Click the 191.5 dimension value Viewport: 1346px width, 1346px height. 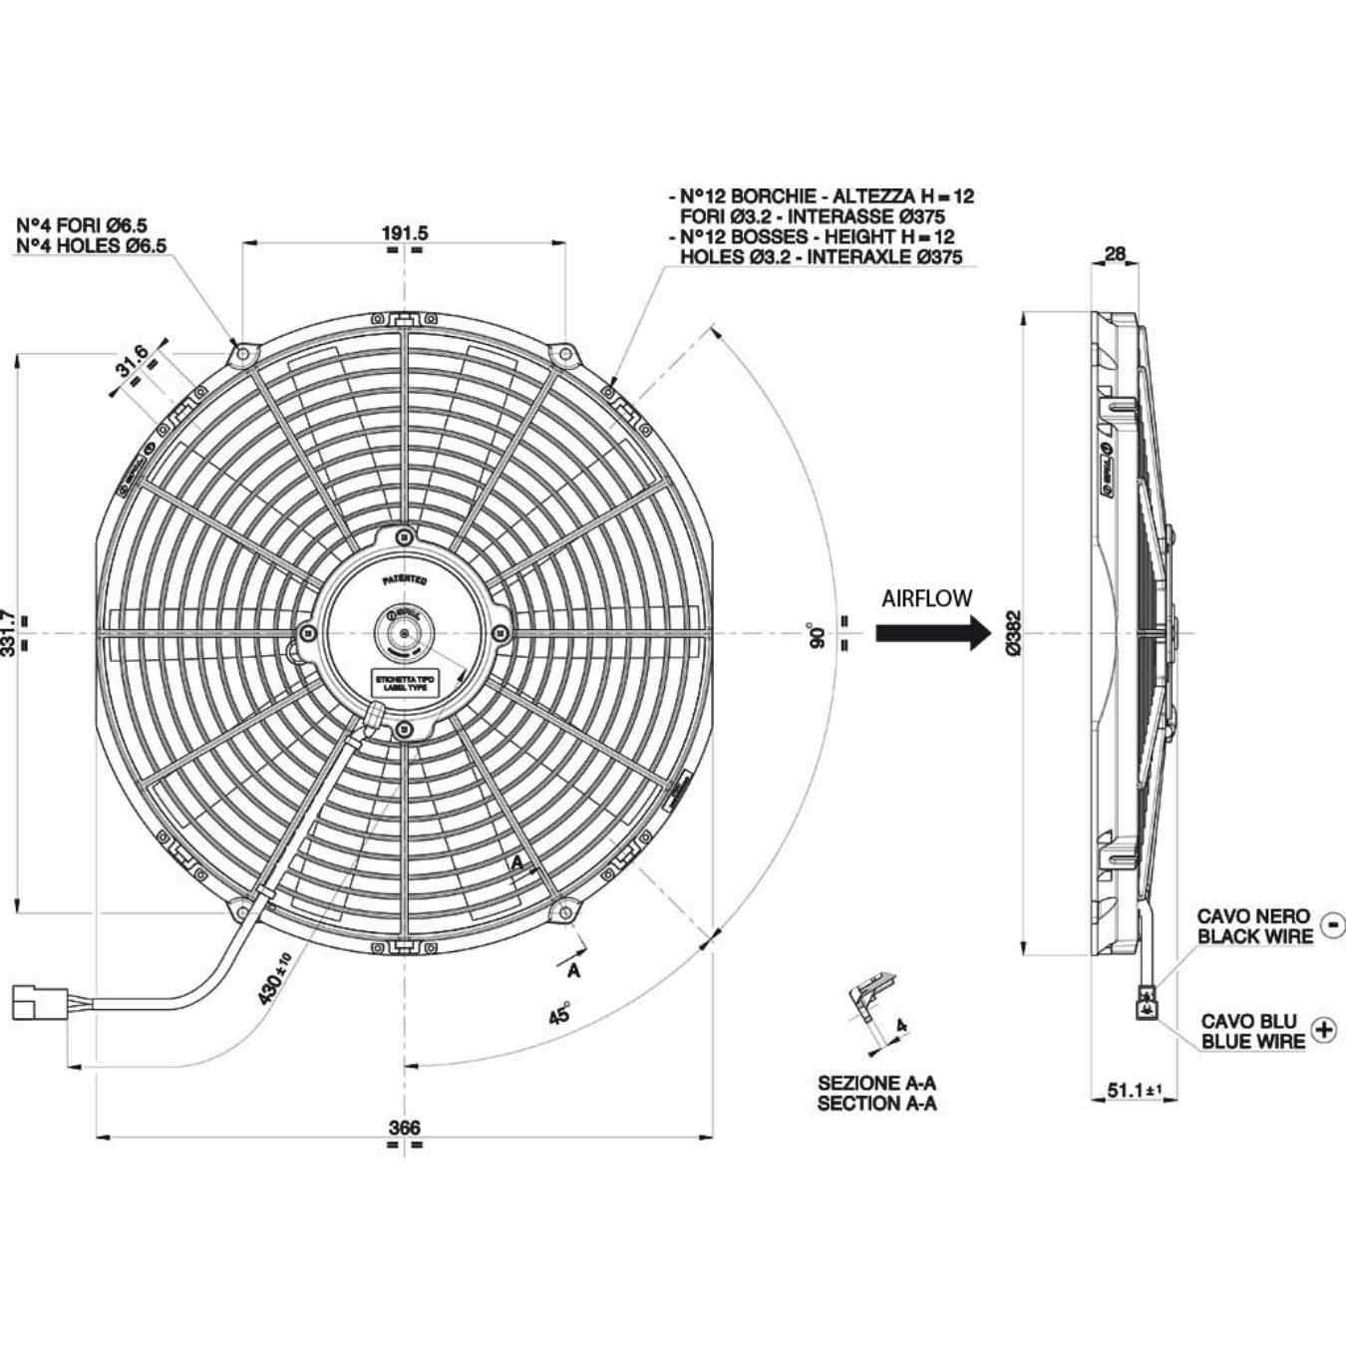(x=404, y=232)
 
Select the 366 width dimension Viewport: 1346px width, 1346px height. (x=404, y=1128)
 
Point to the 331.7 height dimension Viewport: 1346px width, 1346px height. (x=9, y=633)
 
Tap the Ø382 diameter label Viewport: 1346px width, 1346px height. (x=1014, y=633)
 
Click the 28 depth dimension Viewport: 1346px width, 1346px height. (x=1115, y=253)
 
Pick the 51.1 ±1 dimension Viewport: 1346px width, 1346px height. (x=1135, y=1091)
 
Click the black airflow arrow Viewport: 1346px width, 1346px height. (x=933, y=632)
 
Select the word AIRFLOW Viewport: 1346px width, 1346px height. (x=926, y=598)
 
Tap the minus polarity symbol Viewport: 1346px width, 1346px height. (x=1331, y=925)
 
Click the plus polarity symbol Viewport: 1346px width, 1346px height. (x=1323, y=1030)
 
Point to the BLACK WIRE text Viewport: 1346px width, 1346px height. (x=1254, y=937)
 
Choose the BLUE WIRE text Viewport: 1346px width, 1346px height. (x=1252, y=1042)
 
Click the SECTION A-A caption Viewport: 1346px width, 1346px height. (x=876, y=1104)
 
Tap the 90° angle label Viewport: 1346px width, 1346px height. (x=818, y=636)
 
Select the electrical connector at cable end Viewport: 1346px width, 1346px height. (x=39, y=1002)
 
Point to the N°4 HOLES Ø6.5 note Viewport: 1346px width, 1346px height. (x=92, y=246)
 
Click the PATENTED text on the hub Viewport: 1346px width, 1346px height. (x=405, y=579)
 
